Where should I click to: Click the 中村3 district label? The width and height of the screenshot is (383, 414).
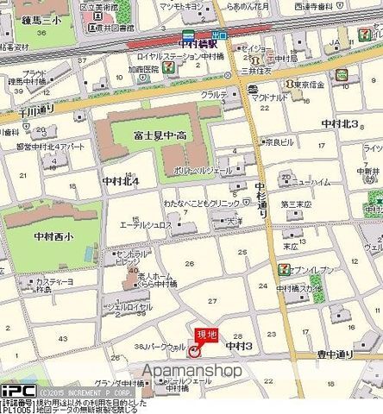click(x=238, y=346)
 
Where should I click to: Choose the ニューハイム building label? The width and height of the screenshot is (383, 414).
click(x=314, y=182)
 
